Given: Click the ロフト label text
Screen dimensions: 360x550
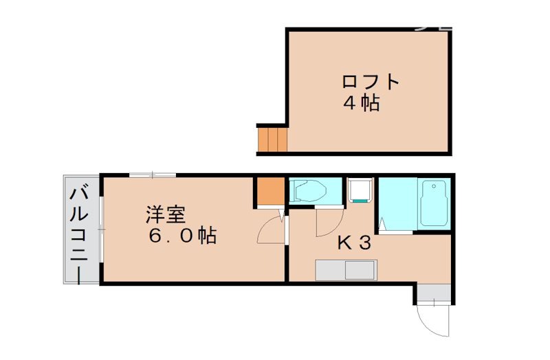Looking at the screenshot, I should (371, 82).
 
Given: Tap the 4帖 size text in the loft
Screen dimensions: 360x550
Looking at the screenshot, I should (362, 104).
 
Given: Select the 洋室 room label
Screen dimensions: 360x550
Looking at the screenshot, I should (165, 214).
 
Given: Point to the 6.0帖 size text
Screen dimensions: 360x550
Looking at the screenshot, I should (183, 236).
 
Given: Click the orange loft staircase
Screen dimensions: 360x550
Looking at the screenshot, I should (272, 139).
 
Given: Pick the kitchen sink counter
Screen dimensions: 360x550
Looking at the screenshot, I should (345, 269).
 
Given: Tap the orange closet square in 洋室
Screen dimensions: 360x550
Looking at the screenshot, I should (269, 191).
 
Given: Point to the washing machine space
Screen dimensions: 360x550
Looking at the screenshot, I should (360, 190).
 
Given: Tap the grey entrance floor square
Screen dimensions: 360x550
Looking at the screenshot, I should (434, 293).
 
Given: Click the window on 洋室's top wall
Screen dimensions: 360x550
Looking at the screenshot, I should (153, 174).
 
